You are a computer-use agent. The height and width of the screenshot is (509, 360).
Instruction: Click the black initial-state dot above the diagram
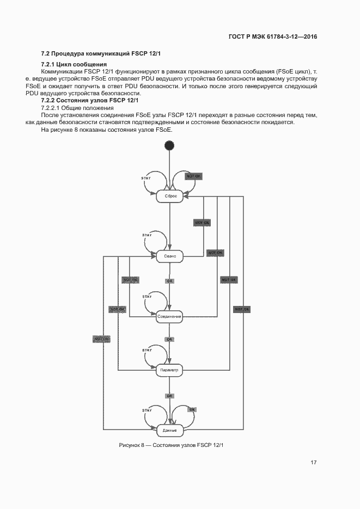tap(169, 145)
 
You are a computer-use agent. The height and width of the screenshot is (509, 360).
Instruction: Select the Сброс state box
tap(170, 196)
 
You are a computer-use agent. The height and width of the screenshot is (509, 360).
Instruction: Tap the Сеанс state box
tap(170, 256)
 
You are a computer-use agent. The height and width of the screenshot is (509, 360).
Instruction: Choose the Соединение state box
tap(169, 316)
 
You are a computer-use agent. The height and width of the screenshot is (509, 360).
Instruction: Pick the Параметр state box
tap(169, 370)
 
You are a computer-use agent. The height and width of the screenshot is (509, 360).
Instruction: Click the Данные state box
tap(169, 430)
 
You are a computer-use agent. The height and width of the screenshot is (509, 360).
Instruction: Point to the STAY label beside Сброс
tap(146, 179)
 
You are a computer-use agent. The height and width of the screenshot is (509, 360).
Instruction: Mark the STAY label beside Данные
tap(147, 410)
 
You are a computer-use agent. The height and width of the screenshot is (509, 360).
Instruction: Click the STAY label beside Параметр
tap(147, 350)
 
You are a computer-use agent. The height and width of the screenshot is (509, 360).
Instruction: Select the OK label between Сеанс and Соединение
tap(170, 281)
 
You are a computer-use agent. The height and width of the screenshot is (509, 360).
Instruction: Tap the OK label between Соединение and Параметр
tap(170, 339)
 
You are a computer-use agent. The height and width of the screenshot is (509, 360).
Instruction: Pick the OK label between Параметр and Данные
tap(170, 396)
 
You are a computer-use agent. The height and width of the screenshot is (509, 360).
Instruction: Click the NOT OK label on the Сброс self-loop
tap(194, 176)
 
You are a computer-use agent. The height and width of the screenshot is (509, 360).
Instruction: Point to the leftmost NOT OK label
tap(102, 339)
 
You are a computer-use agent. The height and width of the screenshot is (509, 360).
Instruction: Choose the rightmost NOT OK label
tap(242, 309)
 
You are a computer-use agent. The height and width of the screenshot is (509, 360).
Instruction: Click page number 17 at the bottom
tap(314, 463)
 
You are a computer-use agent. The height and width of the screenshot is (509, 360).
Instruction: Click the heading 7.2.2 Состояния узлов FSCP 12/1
tap(90, 101)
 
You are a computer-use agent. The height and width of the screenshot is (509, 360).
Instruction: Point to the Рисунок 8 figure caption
tap(172, 445)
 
